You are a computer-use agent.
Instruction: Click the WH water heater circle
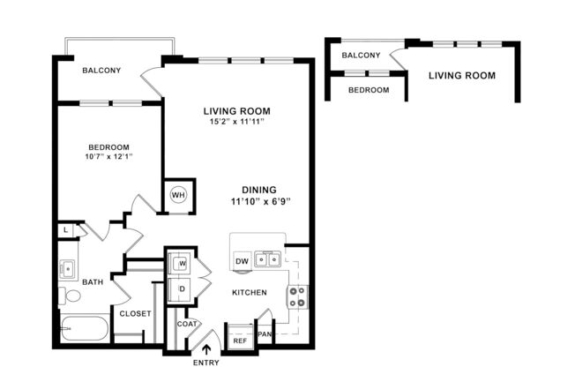click(178, 195)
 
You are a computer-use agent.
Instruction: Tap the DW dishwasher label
click(242, 260)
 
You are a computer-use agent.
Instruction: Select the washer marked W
click(183, 264)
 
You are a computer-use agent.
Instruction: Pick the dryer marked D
click(183, 288)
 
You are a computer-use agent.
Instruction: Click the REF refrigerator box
click(240, 340)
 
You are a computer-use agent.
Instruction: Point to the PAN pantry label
click(264, 334)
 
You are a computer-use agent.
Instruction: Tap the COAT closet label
click(186, 324)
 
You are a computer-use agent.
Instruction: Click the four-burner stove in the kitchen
click(298, 296)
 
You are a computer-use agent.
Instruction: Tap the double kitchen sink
click(268, 259)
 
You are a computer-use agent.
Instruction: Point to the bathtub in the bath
click(84, 332)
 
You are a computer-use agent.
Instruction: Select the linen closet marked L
click(66, 231)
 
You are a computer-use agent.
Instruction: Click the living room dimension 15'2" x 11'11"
click(235, 122)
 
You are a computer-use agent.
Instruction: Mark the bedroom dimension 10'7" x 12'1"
click(108, 158)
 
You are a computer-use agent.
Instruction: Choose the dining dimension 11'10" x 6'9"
click(259, 201)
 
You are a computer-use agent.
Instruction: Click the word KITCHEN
click(250, 292)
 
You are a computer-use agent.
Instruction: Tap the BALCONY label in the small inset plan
click(361, 56)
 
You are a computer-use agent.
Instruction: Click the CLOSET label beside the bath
click(134, 313)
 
